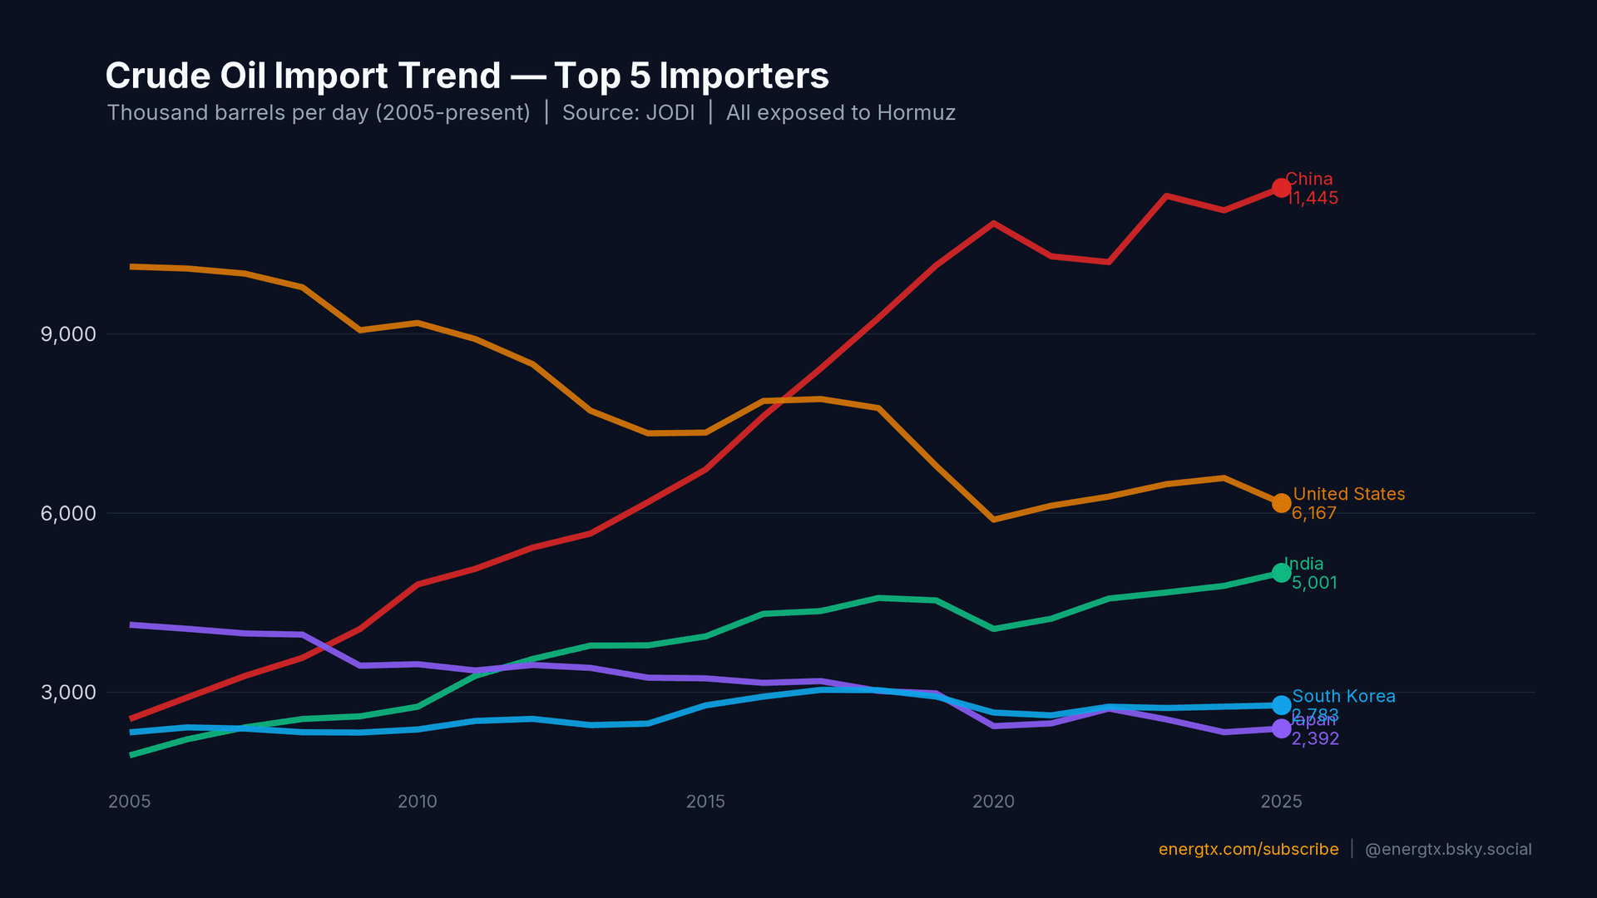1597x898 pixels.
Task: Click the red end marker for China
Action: coord(1281,188)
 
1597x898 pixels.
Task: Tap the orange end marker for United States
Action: coord(1281,503)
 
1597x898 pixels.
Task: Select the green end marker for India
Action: coord(1281,573)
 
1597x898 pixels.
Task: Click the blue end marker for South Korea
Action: coord(1281,705)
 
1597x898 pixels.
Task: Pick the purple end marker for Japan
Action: coord(1281,728)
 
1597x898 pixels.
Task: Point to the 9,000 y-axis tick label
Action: coord(68,334)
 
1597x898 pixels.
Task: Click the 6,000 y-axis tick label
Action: coord(68,513)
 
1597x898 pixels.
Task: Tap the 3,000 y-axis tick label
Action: coord(68,693)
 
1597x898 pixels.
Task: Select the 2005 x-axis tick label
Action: coord(129,802)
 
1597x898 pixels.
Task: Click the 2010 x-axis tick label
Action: coord(417,802)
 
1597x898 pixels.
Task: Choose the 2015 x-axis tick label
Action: coord(705,802)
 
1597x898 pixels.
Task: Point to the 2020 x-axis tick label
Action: coord(993,802)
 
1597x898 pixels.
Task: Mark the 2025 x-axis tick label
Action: coord(1281,802)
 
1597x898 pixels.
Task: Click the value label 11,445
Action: coord(1313,199)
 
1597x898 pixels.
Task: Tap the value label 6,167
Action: coord(1313,514)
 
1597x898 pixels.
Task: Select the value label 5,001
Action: coord(1314,583)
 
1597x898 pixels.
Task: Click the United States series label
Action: coord(1348,494)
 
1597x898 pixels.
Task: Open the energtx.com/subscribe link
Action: coord(1248,849)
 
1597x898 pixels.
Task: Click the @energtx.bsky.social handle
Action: coord(1448,849)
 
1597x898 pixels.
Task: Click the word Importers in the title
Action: coord(744,76)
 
